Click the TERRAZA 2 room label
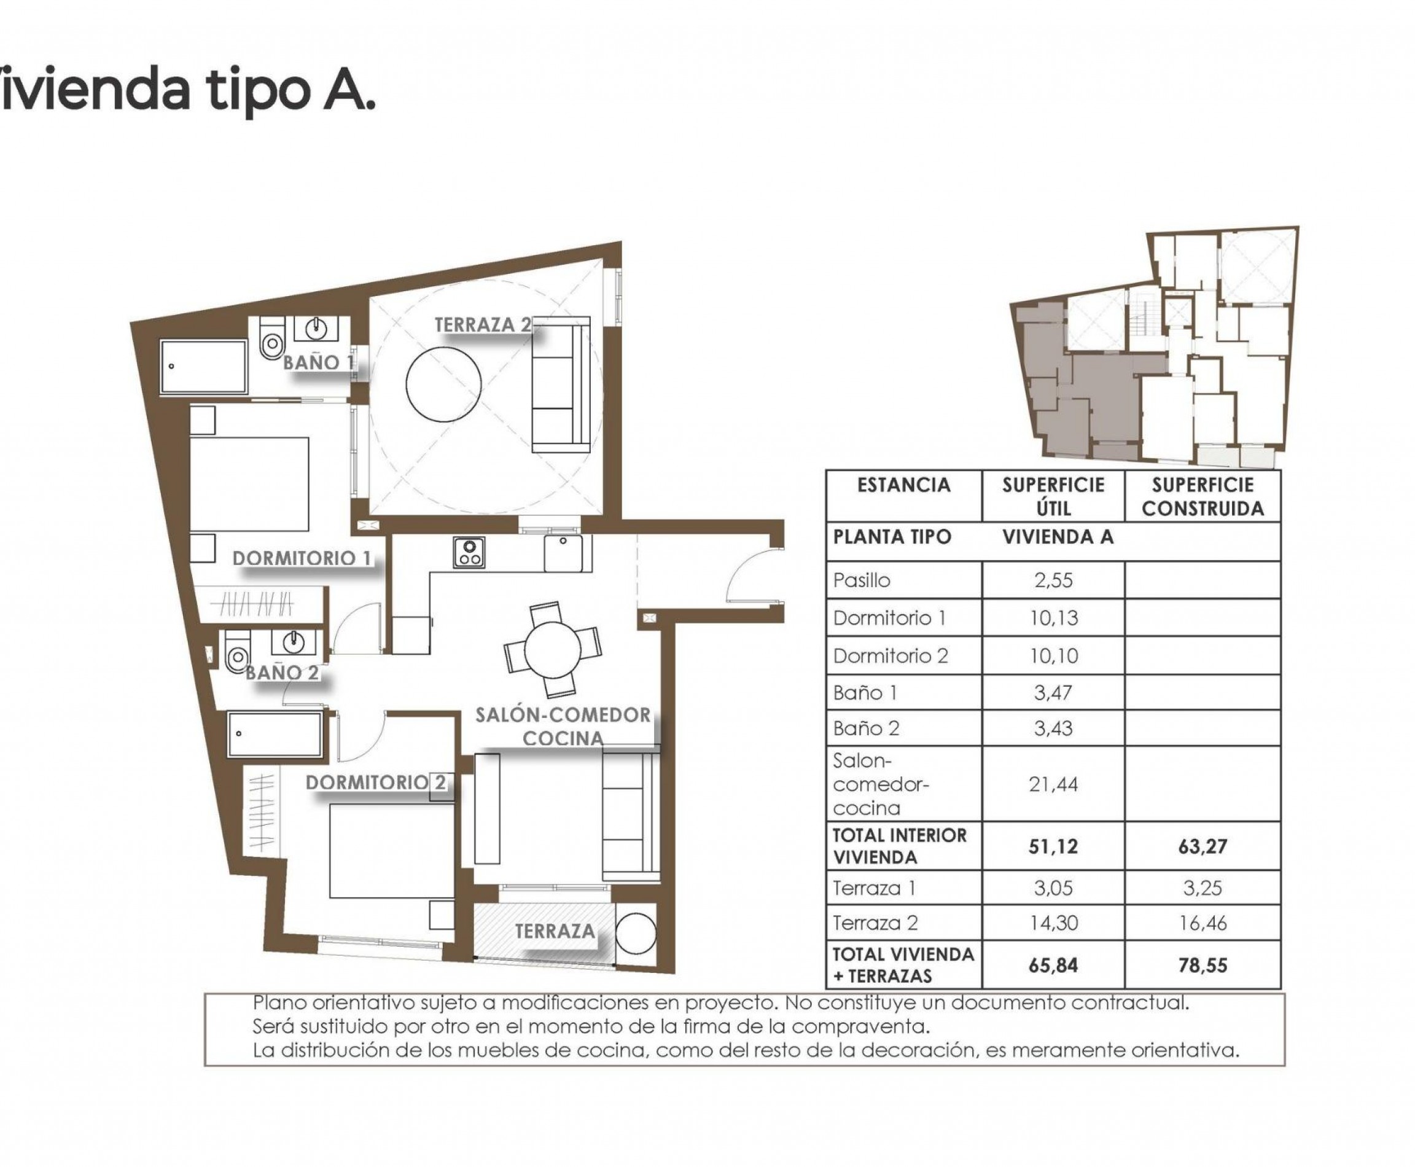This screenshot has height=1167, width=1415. [x=482, y=325]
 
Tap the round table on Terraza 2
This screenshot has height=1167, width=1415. [x=443, y=384]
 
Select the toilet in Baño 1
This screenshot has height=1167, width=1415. [x=272, y=343]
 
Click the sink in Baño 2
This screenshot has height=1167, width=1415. [x=293, y=642]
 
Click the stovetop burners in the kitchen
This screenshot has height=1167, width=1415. [x=469, y=553]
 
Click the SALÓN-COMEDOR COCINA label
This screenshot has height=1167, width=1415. [x=563, y=726]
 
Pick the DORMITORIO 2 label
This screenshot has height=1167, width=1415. [x=376, y=782]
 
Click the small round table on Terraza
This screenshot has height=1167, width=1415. [x=635, y=934]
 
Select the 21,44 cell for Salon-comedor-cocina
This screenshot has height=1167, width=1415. [x=1053, y=784]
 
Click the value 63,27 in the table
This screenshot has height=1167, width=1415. [x=1202, y=846]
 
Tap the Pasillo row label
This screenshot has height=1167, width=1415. [x=861, y=580]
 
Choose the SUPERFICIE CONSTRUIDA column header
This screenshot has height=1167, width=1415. [x=1202, y=497]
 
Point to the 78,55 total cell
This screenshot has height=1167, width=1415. [x=1202, y=966]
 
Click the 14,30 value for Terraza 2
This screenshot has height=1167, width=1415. [x=1053, y=923]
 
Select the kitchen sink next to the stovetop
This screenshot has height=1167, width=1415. [x=563, y=553]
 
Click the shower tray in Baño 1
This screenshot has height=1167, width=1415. [x=204, y=366]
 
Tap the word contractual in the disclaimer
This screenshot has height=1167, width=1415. [x=1130, y=1002]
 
